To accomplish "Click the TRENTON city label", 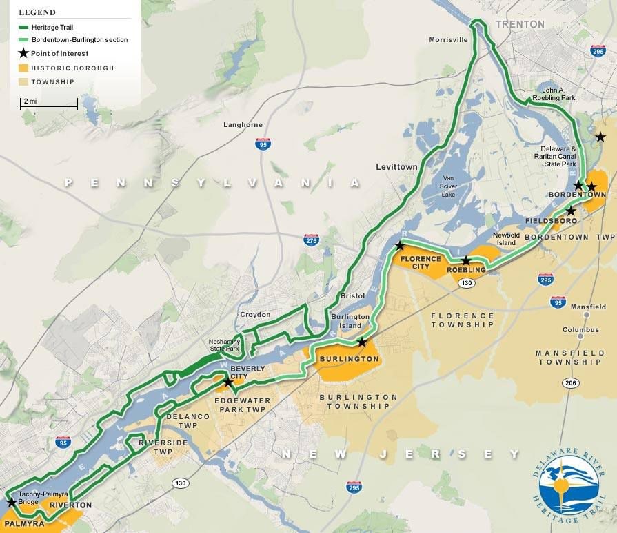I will pos(519,24).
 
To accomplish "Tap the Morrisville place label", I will pos(448,39).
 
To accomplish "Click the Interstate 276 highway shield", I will pos(311,240).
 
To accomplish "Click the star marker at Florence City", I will pos(399,246).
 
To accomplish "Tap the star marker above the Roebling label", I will pos(466,260).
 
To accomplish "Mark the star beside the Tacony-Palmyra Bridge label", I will pos(11,502).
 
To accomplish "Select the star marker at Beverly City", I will pos(228,382).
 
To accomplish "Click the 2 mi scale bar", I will pos(48,105).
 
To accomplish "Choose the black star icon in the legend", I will pos(23,53).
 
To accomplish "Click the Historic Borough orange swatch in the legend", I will pos(23,68).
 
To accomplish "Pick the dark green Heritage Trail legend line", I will pos(23,27).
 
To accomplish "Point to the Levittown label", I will pos(396,167).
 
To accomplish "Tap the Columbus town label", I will pos(580,330).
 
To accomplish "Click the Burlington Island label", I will pos(350,321).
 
